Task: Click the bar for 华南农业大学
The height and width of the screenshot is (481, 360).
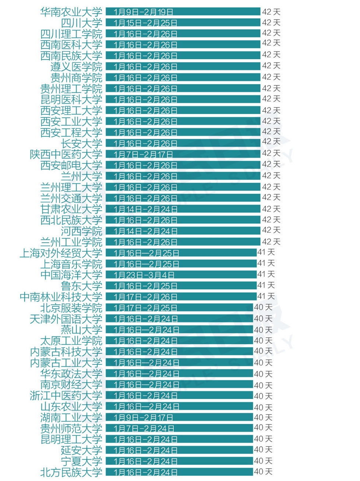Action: [x=183, y=12]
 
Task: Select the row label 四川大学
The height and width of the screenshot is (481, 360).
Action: [x=81, y=23]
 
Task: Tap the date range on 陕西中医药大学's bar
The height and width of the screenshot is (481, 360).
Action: [x=143, y=154]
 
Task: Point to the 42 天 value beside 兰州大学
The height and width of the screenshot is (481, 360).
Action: [x=271, y=176]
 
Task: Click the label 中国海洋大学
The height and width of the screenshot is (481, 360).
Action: [x=71, y=275]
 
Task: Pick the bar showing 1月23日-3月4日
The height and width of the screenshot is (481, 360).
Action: [x=181, y=275]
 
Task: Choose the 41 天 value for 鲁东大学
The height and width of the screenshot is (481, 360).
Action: [x=266, y=285]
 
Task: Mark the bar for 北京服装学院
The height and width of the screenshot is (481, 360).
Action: [x=179, y=308]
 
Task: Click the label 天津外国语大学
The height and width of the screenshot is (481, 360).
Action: [x=66, y=319]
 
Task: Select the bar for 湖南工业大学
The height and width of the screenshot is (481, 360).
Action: [x=179, y=417]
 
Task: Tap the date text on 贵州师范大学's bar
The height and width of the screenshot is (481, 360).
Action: [x=144, y=428]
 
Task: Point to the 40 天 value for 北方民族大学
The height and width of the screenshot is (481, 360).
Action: [x=263, y=472]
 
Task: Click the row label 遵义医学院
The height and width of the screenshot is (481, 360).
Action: [x=76, y=67]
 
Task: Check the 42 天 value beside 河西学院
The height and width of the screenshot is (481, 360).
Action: [x=271, y=231]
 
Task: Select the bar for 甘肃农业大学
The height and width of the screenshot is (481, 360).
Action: [x=183, y=209]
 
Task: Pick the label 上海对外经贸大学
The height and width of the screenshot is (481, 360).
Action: [x=61, y=253]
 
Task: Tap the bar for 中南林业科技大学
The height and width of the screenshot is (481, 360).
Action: [x=181, y=297]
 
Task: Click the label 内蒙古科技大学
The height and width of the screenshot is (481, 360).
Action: [x=66, y=352]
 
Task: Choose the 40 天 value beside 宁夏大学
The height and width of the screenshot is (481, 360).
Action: [x=263, y=461]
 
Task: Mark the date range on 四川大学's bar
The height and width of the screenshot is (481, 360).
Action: [x=145, y=23]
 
